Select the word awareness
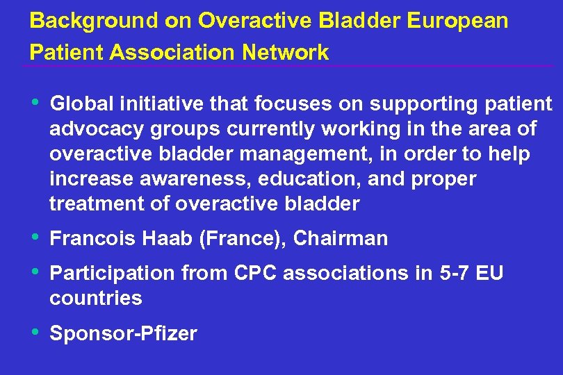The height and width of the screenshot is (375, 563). click(x=196, y=179)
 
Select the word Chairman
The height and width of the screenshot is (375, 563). click(x=341, y=239)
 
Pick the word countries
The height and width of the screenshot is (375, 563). click(x=96, y=299)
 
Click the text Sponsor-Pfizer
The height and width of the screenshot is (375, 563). click(x=124, y=333)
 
